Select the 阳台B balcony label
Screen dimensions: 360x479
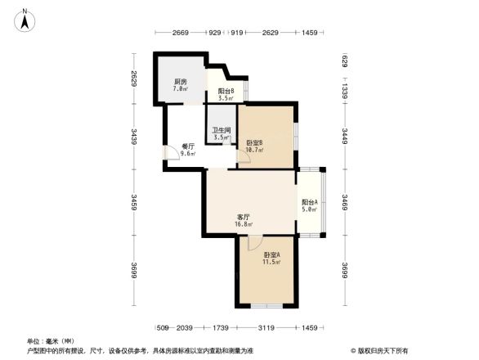[226, 91]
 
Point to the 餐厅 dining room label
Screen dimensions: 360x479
[188, 146]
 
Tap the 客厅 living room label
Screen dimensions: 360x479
[243, 217]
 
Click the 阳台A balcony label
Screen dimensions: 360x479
[310, 202]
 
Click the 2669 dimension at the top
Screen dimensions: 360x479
[181, 33]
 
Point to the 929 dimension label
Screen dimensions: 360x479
[214, 33]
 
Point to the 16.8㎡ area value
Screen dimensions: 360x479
[243, 223]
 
